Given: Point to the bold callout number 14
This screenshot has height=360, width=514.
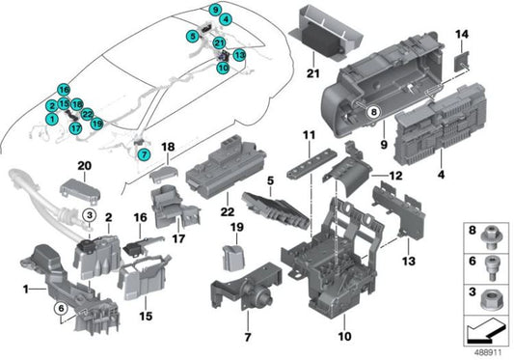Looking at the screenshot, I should click(461, 36).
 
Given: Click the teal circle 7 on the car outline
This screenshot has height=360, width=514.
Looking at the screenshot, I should click(144, 154).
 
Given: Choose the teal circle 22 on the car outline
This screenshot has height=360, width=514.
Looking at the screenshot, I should click(87, 114).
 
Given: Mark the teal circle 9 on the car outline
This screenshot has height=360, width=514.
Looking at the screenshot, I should click(214, 9).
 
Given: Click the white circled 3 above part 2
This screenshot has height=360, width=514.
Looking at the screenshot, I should click(87, 213).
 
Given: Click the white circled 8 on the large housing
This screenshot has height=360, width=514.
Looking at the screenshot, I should click(373, 112).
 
